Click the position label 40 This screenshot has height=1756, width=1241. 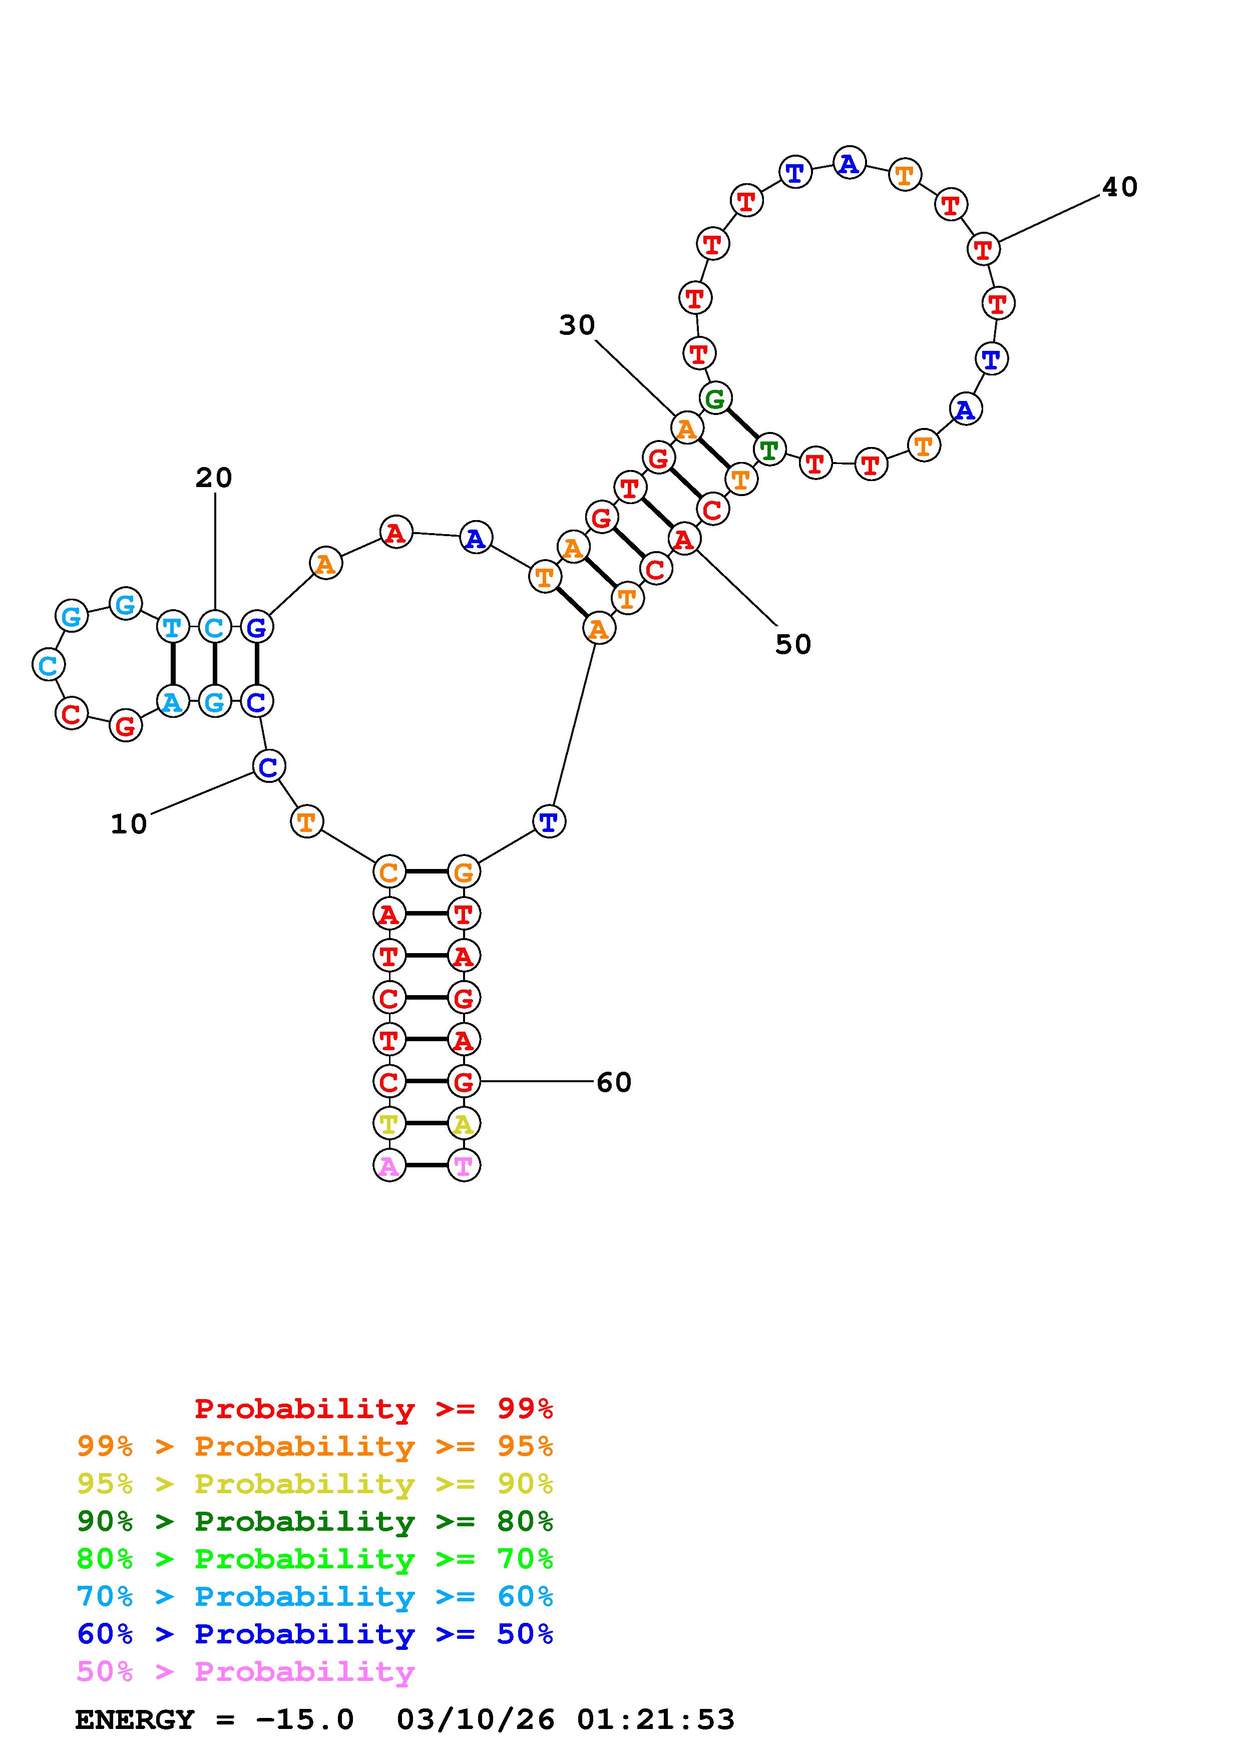click(1119, 187)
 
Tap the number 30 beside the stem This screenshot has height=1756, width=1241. click(577, 326)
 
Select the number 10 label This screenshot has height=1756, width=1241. click(129, 824)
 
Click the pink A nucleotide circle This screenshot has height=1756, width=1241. click(389, 1166)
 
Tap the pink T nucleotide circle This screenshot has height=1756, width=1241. click(464, 1166)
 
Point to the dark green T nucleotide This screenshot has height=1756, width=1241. click(769, 450)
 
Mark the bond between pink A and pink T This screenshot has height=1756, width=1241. click(427, 1166)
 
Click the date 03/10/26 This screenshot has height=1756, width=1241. click(475, 1720)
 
